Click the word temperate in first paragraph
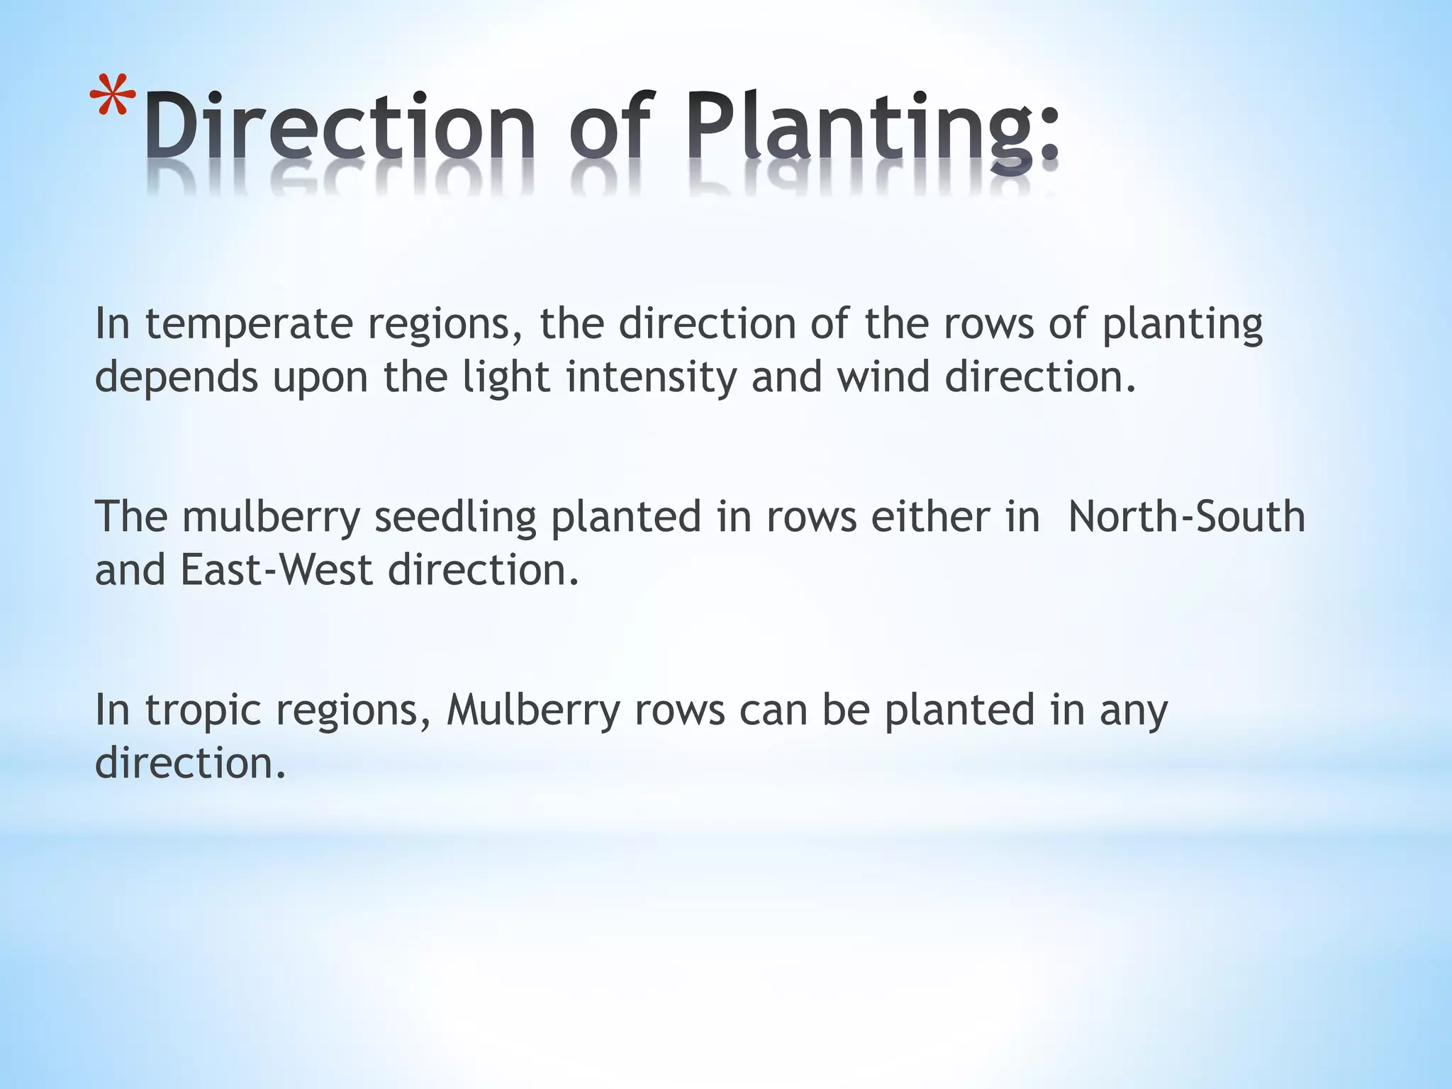coord(249,325)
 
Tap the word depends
coord(177,378)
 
